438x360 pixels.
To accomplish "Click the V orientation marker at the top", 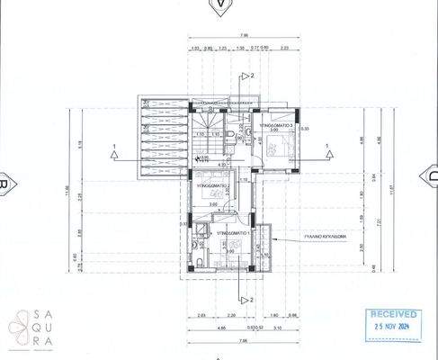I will (x=218, y=5).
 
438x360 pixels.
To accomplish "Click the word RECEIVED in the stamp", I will (x=391, y=315).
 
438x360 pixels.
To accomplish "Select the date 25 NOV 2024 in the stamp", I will (x=391, y=328).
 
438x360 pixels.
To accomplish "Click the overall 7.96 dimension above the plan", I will (x=219, y=37).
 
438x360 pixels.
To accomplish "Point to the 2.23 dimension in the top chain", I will (x=284, y=49).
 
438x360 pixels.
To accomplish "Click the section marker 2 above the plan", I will (x=253, y=76).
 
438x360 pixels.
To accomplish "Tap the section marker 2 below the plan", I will (x=253, y=298).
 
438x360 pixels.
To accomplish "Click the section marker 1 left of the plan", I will (x=114, y=145).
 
